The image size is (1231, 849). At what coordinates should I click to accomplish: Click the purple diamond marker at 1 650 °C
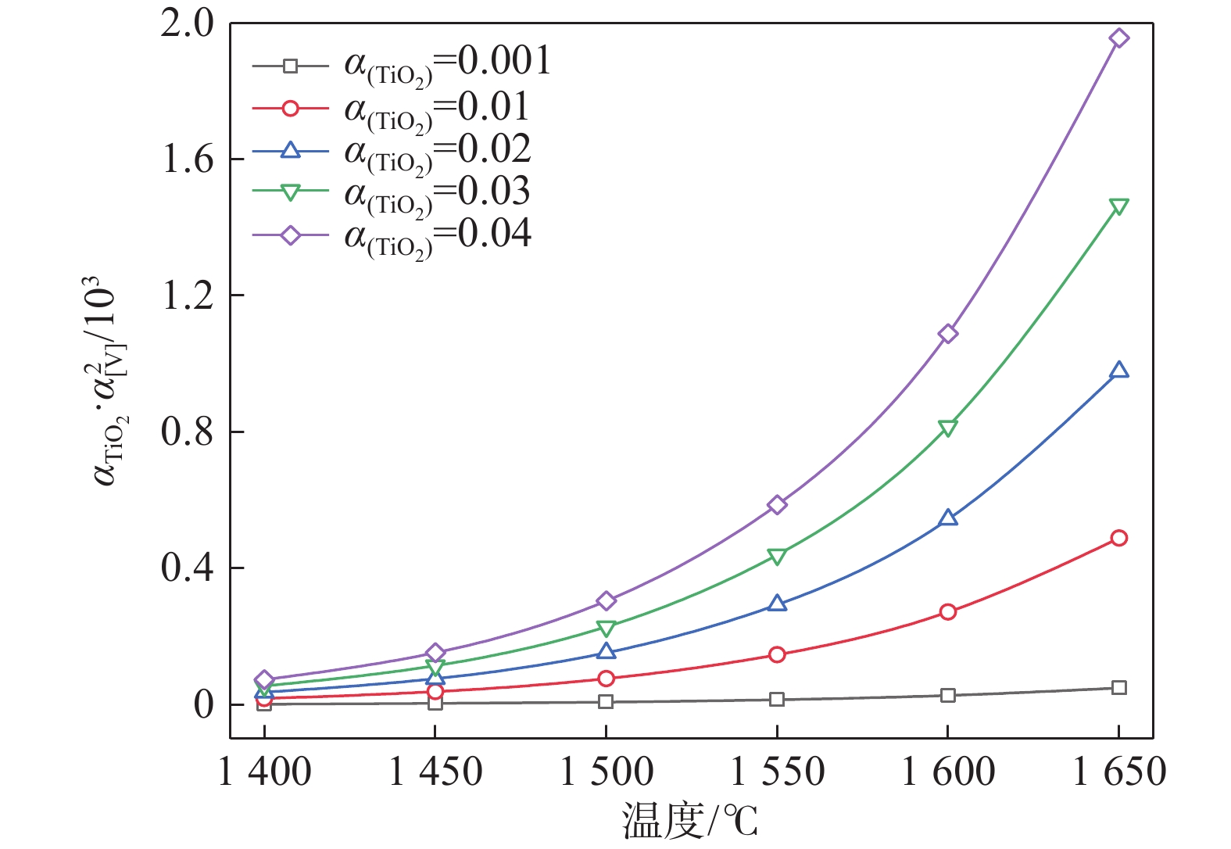click(x=1118, y=38)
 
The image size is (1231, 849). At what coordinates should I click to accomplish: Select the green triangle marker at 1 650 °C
click(x=1118, y=206)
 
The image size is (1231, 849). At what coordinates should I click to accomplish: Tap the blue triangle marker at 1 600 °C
click(x=947, y=518)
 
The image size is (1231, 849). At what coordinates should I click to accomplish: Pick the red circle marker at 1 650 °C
click(x=1118, y=538)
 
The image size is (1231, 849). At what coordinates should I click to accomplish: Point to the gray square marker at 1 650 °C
click(x=1118, y=688)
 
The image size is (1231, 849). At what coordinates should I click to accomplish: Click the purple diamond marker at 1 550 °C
click(x=776, y=505)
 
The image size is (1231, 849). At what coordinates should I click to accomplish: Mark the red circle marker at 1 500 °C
click(x=606, y=679)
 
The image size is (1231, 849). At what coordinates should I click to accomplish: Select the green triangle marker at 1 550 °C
click(x=776, y=557)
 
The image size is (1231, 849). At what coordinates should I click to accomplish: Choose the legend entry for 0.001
click(x=448, y=63)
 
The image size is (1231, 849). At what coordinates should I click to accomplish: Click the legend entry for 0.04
click(x=438, y=235)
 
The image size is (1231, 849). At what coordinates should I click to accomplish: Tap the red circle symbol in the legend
click(x=290, y=109)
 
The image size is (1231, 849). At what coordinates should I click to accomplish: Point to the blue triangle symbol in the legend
click(x=290, y=150)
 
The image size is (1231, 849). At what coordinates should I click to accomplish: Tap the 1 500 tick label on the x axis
click(x=607, y=772)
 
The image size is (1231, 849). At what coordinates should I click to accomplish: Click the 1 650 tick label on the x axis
click(x=1119, y=772)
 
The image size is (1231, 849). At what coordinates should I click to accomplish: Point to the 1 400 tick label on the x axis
click(x=265, y=772)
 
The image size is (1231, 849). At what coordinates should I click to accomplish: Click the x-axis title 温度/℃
click(x=689, y=821)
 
